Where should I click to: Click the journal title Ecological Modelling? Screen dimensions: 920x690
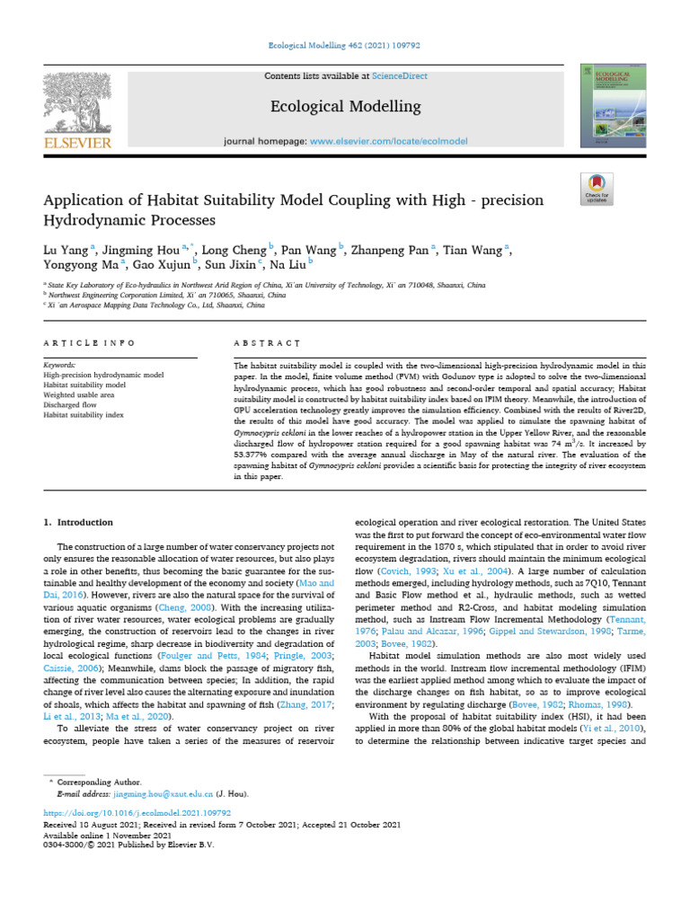tap(346, 106)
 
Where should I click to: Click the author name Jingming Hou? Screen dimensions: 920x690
tap(137, 249)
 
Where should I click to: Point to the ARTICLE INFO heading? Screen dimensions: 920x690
tap(89, 343)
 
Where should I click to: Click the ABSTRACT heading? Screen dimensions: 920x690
tap(267, 343)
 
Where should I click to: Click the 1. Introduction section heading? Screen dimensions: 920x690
tap(79, 522)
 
